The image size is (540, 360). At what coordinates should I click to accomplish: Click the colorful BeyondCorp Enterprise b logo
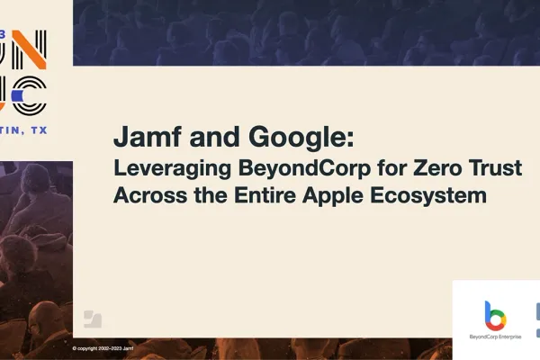[x=495, y=315]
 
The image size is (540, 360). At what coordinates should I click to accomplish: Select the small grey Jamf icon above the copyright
[x=93, y=319]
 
